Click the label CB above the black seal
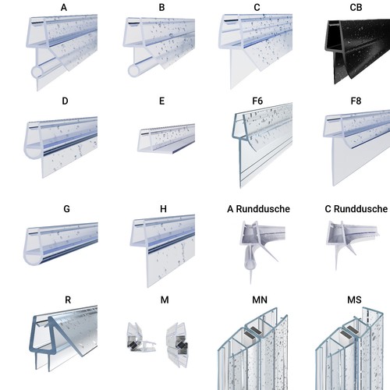coord(356,8)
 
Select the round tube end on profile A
coord(37,73)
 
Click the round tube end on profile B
coord(134,71)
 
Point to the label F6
coord(257,101)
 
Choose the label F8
coord(356,101)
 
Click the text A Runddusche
coord(258,209)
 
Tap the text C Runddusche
coord(356,209)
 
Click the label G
coord(66,209)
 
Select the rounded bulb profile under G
coord(61,244)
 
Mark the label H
coord(163,209)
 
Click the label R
coord(68,300)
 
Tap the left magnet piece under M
coord(140,338)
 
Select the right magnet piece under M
coord(177,345)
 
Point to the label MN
coord(260,300)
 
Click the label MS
coord(354,300)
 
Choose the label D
coord(65,101)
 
